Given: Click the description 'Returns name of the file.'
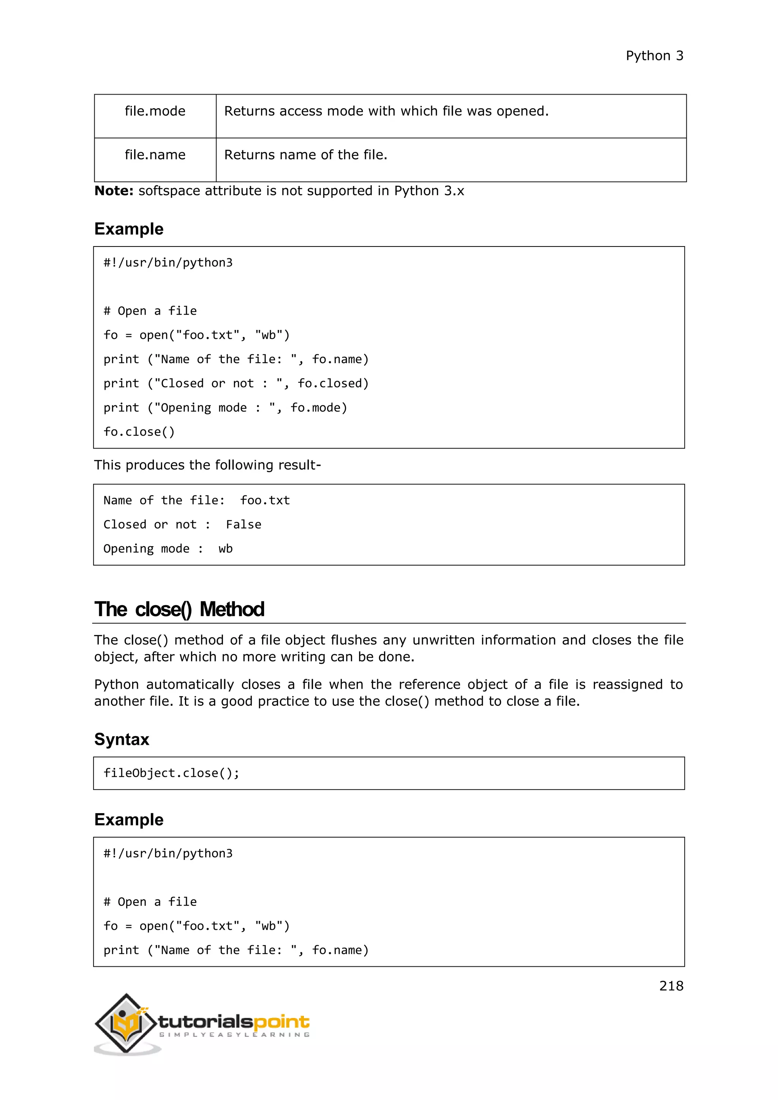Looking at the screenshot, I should click(x=306, y=155).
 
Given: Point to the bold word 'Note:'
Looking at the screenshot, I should click(x=114, y=191).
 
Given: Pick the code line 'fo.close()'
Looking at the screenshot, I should click(x=139, y=431).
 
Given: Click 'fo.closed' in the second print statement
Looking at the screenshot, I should click(x=333, y=383).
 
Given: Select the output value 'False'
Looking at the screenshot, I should click(x=244, y=525).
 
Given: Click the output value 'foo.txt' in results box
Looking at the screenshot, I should click(x=265, y=501).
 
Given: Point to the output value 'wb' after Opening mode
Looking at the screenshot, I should click(x=225, y=549).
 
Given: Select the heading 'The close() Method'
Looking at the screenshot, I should click(x=179, y=609).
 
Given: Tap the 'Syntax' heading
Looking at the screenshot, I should click(x=122, y=739).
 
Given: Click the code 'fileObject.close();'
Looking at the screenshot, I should click(x=171, y=773).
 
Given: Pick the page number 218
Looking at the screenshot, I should click(x=671, y=986).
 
